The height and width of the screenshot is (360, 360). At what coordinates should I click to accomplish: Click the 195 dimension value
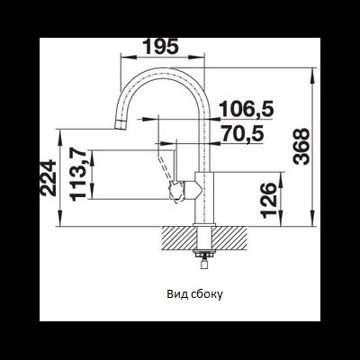point(161,47)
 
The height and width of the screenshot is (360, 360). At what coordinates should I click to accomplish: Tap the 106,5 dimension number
point(247,109)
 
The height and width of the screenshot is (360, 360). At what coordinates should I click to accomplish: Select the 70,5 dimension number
point(242,133)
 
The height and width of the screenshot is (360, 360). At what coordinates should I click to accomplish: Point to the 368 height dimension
point(301,147)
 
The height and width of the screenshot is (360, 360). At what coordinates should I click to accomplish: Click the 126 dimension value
point(268,200)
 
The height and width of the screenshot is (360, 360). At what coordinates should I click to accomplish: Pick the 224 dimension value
point(49,178)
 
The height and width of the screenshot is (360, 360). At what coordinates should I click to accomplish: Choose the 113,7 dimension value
point(78,175)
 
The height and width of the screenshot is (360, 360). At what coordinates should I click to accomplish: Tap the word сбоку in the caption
point(207,294)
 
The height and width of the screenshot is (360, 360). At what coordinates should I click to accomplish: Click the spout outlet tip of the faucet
point(121,125)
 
